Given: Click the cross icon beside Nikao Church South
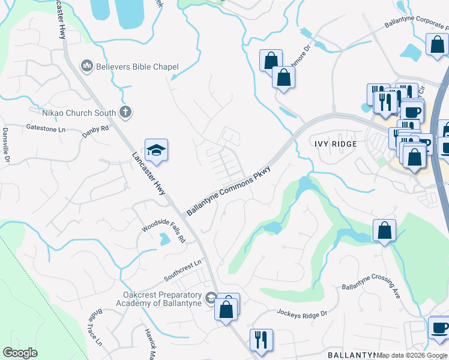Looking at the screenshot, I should (x=125, y=111).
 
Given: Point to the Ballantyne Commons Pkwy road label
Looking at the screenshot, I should (x=228, y=191).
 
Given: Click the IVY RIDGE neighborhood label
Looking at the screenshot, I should (x=335, y=144).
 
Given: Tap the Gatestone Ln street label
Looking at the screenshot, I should (x=46, y=128).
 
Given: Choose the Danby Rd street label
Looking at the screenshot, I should (x=95, y=128).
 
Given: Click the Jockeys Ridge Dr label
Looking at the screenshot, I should (x=301, y=313).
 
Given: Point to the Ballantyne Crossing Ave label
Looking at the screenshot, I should (x=371, y=287).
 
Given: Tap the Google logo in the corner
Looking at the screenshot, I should (x=20, y=353).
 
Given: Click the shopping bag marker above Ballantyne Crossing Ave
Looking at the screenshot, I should (x=384, y=230).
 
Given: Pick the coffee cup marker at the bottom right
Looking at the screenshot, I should (x=440, y=328).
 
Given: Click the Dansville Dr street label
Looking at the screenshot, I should (x=7, y=144).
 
